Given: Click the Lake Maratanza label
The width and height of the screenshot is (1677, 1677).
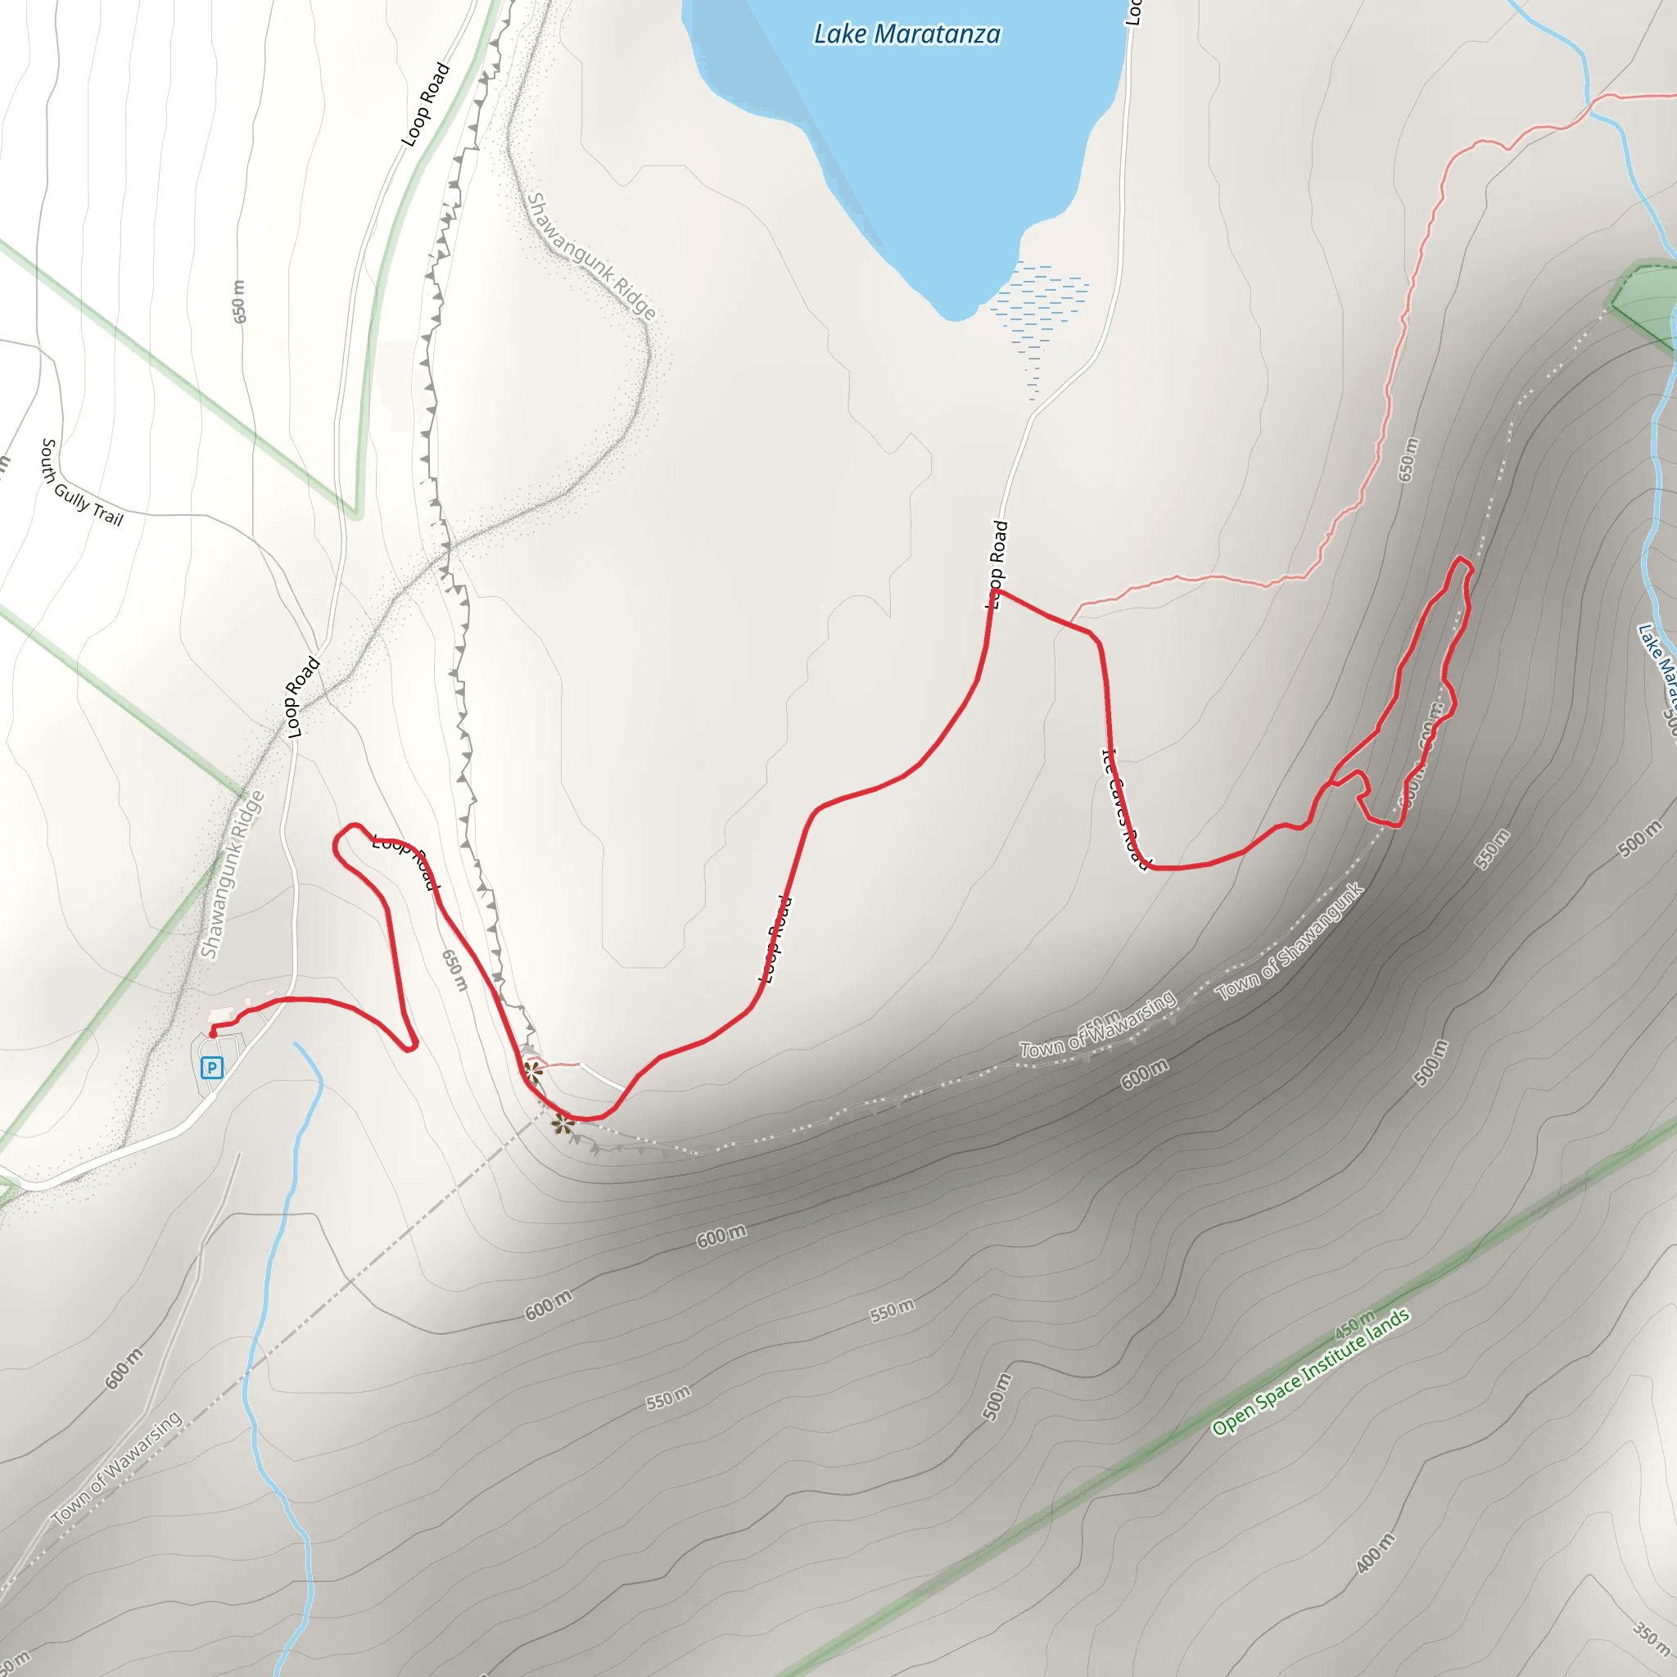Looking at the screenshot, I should coord(907,34).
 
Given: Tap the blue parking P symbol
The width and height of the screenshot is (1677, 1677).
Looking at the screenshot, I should coord(212,1067).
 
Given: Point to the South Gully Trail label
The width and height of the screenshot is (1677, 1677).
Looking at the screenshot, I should coord(82,482).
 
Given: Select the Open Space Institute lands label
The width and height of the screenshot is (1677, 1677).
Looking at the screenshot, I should coord(1311,1372).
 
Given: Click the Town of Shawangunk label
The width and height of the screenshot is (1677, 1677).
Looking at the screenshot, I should coord(1290,942).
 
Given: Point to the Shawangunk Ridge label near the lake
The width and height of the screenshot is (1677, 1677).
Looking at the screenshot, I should coord(591,256).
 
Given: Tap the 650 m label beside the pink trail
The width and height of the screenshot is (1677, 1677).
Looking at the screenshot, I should coord(1408,459).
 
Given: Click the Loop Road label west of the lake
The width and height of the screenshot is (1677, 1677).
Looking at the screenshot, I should coord(425,104).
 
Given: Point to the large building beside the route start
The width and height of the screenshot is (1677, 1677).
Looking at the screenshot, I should coord(222,1014).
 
